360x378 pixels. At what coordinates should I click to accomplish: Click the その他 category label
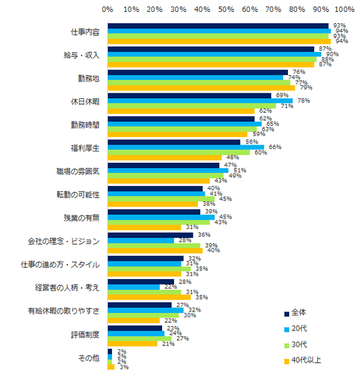[x=89, y=359]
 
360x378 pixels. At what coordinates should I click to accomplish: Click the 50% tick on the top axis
[x=226, y=10]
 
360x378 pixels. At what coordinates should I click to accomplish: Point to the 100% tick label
[x=344, y=10]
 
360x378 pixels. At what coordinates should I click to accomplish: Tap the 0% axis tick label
[x=108, y=10]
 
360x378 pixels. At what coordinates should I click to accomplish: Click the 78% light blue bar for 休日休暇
[x=200, y=101]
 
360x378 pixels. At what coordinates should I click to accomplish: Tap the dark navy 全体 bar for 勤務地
[x=197, y=72]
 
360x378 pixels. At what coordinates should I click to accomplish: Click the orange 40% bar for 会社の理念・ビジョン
[x=155, y=250]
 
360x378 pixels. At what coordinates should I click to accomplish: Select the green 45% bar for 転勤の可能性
[x=161, y=198]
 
